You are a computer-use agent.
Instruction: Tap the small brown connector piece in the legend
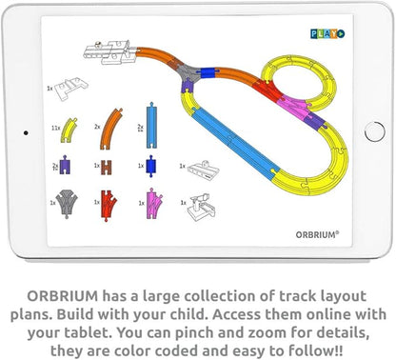point(109,166)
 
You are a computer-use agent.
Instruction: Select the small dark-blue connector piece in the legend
point(150,166)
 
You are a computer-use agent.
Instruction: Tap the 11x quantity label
point(55,127)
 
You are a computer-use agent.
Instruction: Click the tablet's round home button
point(374,131)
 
